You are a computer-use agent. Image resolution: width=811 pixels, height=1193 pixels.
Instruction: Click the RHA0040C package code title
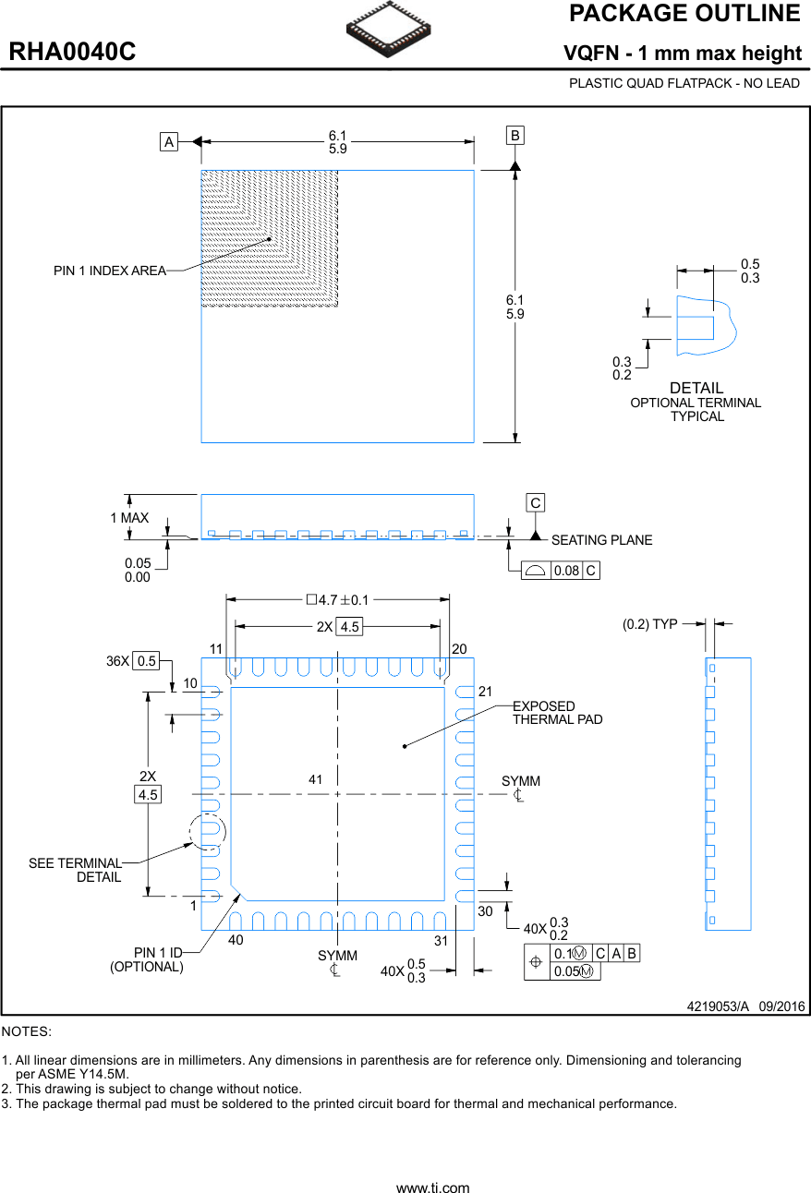72,53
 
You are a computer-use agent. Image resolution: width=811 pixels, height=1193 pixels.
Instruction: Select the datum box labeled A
168,142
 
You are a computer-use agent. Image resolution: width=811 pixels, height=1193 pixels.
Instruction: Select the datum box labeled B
514,136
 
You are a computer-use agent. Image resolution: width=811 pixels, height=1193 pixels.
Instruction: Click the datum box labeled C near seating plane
535,503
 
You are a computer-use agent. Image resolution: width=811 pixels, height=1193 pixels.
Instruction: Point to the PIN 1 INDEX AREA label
109,271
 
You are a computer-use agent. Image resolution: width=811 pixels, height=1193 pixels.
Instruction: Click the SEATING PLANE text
601,540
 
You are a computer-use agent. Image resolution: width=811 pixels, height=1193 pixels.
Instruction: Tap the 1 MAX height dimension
129,518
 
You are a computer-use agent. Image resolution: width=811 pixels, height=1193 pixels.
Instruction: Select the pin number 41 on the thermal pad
315,780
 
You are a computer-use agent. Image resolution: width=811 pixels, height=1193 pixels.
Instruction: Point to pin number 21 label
487,692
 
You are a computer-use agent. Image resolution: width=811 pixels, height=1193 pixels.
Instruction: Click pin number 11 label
216,649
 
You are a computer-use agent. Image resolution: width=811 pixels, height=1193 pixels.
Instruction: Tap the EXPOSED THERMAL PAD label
557,713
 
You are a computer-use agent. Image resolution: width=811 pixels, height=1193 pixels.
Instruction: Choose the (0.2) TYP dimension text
649,624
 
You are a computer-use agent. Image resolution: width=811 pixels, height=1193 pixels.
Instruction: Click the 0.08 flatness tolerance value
566,571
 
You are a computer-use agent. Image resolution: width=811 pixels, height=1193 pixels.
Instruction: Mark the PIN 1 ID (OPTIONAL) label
147,959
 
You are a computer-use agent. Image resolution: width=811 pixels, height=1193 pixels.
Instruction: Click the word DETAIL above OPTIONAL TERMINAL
696,388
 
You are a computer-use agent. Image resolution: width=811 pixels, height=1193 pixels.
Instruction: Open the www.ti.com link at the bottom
432,1188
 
